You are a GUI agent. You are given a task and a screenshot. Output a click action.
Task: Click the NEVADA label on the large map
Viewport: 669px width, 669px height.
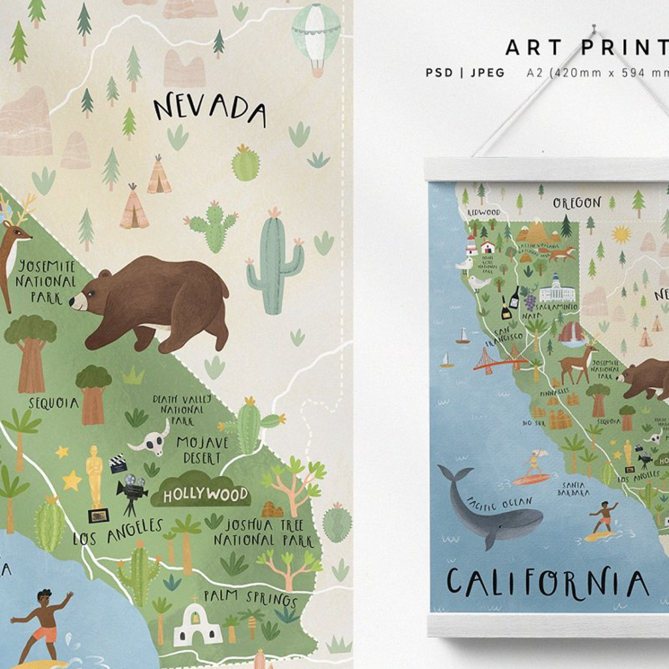pyautogui.click(x=209, y=109)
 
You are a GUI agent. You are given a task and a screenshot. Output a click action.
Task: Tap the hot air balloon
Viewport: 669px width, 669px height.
pyautogui.click(x=316, y=36)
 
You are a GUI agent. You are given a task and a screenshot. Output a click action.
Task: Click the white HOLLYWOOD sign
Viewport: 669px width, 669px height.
pyautogui.click(x=205, y=495)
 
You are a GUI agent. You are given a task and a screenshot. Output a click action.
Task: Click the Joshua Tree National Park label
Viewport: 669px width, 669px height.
pyautogui.click(x=263, y=532)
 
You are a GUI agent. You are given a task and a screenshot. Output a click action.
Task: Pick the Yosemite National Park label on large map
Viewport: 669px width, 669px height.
pyautogui.click(x=46, y=282)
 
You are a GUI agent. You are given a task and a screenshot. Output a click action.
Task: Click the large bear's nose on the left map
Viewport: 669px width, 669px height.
pyautogui.click(x=74, y=301)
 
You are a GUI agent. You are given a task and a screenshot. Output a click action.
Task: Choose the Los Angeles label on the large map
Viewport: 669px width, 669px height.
pyautogui.click(x=118, y=532)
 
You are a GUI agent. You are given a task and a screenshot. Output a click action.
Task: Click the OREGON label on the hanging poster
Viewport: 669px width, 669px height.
pyautogui.click(x=576, y=203)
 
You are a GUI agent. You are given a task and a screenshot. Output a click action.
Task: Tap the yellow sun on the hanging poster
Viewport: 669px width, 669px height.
pyautogui.click(x=621, y=234)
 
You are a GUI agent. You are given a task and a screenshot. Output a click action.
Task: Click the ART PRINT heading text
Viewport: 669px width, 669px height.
pyautogui.click(x=587, y=48)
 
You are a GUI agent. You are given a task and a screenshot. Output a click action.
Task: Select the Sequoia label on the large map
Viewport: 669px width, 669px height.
pyautogui.click(x=54, y=402)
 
